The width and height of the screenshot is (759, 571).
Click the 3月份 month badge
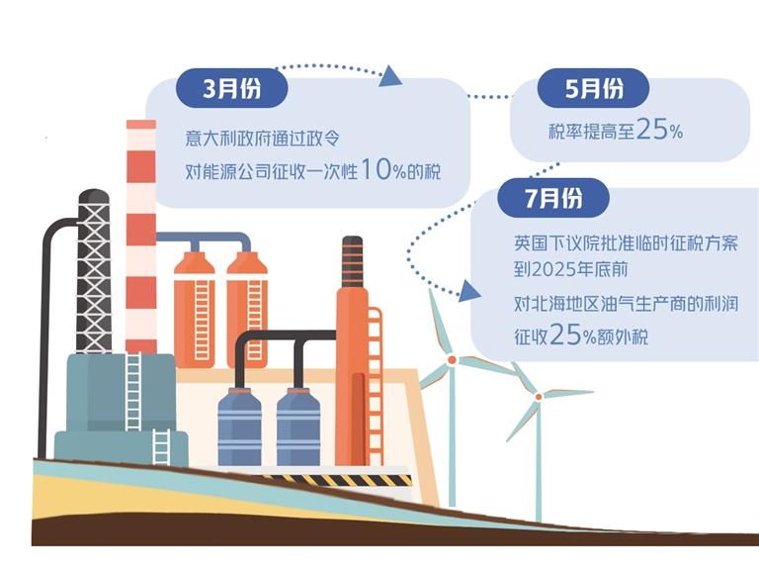pyautogui.click(x=231, y=89)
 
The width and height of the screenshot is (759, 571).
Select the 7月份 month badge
pyautogui.click(x=553, y=198)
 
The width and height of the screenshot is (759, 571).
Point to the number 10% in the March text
pyautogui.click(x=381, y=169)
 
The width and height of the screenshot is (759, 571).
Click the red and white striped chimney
pyautogui.click(x=141, y=238)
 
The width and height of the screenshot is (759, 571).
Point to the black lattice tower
pyautogui.click(x=94, y=267)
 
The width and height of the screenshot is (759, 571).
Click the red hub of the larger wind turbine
pyautogui.click(x=452, y=361)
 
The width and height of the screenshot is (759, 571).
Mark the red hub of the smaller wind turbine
pyautogui.click(x=539, y=396)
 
